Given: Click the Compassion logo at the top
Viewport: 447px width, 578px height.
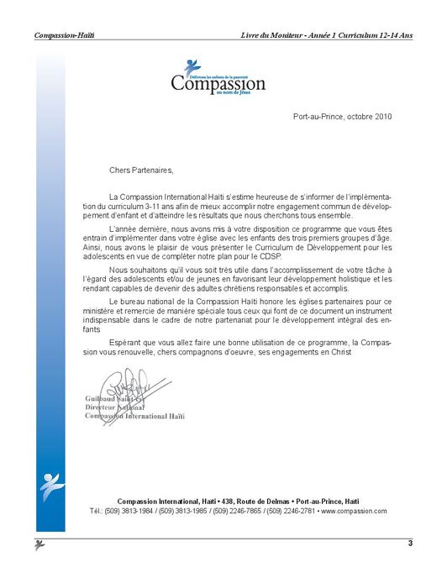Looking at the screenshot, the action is (218, 77).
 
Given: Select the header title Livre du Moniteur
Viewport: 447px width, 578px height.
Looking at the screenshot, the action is (271, 35).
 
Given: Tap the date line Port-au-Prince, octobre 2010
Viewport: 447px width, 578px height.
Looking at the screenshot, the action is (343, 116).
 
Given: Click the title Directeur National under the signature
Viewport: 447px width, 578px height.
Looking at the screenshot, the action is (114, 407).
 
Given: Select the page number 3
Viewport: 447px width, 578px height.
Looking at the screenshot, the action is (410, 544).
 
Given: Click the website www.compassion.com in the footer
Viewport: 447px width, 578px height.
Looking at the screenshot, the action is (354, 511).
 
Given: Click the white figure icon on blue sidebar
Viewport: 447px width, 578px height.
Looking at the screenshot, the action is (50, 486).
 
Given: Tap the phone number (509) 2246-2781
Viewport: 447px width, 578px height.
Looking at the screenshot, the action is (291, 511).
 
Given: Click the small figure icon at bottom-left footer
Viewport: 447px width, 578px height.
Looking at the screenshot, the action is (39, 545).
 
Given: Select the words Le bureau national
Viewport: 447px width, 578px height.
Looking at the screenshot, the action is (143, 300).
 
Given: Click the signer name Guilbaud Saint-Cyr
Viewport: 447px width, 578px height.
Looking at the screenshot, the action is (114, 397).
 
